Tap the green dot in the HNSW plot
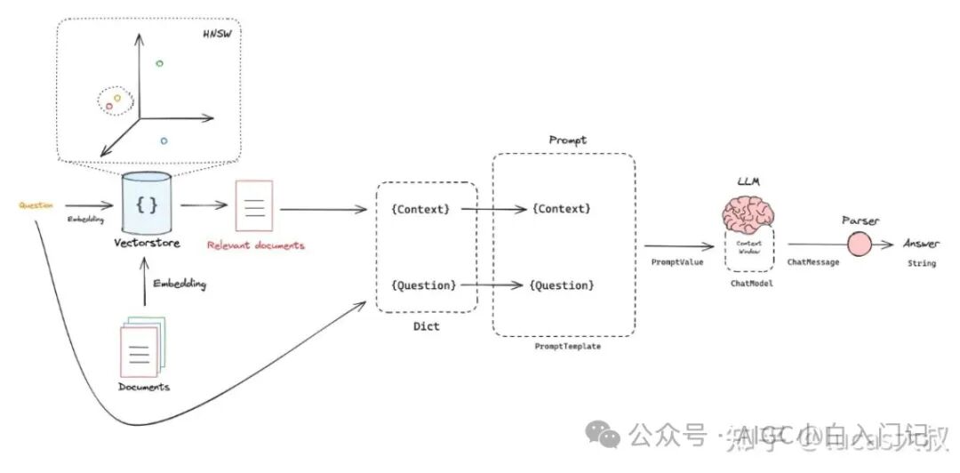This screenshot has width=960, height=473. [x=159, y=63]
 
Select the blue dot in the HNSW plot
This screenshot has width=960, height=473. [x=164, y=140]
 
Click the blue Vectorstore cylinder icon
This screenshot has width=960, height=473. [x=148, y=204]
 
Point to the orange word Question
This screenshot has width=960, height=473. [x=36, y=205]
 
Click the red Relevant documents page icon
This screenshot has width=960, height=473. [x=254, y=205]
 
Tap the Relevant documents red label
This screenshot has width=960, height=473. [x=255, y=245]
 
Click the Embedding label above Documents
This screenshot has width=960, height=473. [x=180, y=285]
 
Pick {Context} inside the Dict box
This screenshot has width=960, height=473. [x=420, y=209]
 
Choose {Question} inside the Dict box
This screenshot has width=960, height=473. [x=423, y=285]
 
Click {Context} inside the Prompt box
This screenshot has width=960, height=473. [x=560, y=209]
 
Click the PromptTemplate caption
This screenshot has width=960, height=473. [x=567, y=347]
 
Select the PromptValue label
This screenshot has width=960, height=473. [x=677, y=262]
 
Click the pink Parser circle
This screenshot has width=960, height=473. [x=859, y=245]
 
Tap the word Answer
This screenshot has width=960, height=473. [x=921, y=244]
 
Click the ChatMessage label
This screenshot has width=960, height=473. [x=812, y=262]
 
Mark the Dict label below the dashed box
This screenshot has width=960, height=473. [x=426, y=326]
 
